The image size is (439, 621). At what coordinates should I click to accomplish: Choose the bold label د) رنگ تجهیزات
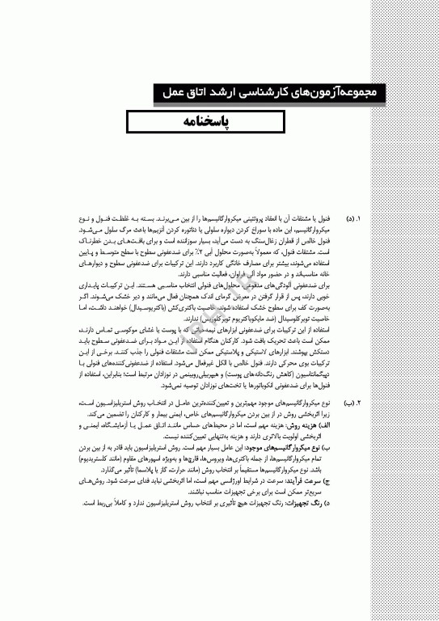click(304, 502)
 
